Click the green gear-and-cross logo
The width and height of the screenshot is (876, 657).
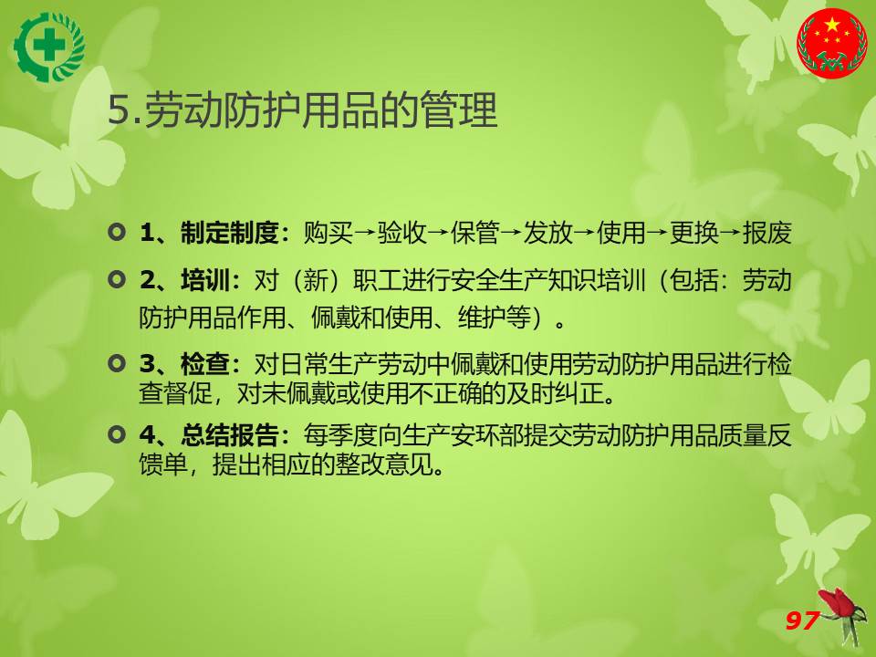[49, 47]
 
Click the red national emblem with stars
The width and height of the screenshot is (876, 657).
[832, 44]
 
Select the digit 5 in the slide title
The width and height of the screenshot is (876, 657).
[119, 109]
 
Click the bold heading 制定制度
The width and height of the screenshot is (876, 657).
[229, 233]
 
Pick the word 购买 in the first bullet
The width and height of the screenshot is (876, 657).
[328, 233]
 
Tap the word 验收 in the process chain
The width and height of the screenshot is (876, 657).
[401, 233]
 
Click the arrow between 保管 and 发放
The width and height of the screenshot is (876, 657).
[511, 233]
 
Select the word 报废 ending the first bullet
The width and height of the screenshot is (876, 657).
[767, 233]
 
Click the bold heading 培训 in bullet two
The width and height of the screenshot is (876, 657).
[205, 279]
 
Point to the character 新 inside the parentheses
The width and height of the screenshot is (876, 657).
[315, 279]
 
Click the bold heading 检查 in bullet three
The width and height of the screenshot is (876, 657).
[205, 364]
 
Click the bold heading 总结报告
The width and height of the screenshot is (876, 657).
[229, 434]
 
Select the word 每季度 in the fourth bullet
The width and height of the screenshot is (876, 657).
[340, 434]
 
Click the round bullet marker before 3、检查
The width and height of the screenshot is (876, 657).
[117, 364]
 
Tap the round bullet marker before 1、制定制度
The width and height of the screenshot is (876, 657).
[117, 232]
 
